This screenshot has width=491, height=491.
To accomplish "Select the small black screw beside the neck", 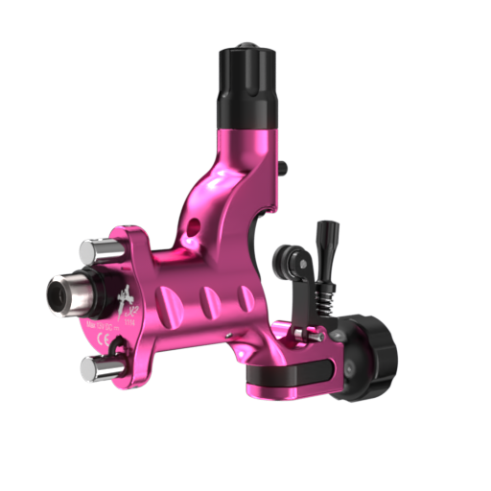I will tap(284, 168).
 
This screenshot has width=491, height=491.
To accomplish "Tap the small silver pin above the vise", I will tap(301, 333).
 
